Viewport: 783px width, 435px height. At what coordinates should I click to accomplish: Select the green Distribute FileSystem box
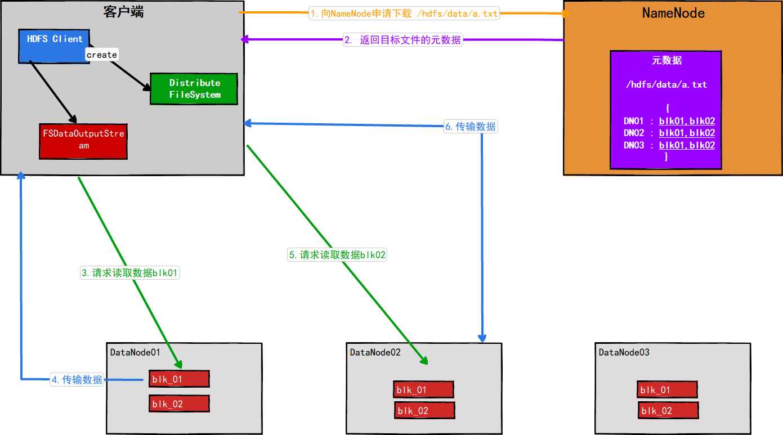[194, 89]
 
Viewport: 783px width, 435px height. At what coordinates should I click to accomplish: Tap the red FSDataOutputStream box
[83, 141]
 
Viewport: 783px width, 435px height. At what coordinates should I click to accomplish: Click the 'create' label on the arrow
[102, 55]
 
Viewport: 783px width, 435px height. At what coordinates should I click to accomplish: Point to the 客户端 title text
[123, 12]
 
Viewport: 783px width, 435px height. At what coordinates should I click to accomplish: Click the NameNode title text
[673, 13]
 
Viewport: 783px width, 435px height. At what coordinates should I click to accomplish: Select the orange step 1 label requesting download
[404, 14]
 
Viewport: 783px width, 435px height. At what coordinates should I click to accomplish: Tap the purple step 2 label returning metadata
[403, 40]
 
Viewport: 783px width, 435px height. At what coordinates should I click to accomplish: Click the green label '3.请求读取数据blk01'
[129, 273]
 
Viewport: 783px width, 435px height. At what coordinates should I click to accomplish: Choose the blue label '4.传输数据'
[77, 380]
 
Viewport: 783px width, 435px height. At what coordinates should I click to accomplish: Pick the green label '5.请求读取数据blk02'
[337, 255]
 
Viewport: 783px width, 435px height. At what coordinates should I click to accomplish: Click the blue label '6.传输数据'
[471, 127]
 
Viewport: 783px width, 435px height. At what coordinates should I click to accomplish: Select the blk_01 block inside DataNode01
[179, 379]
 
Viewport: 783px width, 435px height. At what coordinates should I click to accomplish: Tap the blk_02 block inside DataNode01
[179, 404]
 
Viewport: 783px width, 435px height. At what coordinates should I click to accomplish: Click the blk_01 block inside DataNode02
[423, 390]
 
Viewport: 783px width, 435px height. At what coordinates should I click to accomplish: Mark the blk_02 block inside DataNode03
[668, 411]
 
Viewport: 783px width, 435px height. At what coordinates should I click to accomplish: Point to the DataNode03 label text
[624, 352]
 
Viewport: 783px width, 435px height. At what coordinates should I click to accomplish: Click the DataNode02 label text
[375, 352]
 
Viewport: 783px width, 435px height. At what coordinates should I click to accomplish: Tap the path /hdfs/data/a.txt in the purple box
[666, 84]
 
